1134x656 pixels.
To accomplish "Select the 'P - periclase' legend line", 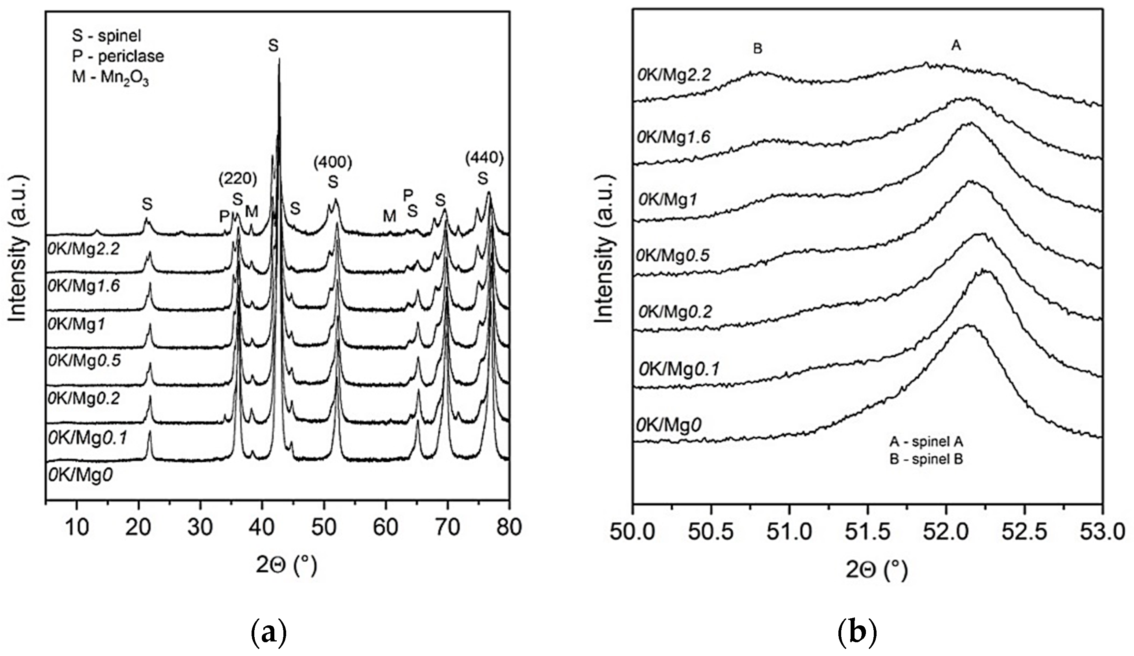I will click(x=118, y=56).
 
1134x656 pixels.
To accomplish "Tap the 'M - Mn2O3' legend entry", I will click(x=110, y=77).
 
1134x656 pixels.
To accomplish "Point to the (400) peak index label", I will click(x=333, y=162).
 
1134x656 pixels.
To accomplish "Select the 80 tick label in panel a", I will click(x=509, y=527).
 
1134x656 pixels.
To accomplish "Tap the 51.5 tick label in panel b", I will click(x=867, y=532).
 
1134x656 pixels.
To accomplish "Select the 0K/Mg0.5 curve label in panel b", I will click(x=673, y=255).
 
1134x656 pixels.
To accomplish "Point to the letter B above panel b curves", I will click(x=758, y=49).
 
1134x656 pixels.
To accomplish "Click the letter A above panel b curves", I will click(x=956, y=46).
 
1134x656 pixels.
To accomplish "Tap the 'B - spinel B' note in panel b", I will click(x=926, y=460).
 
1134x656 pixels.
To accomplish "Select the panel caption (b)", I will click(x=858, y=634).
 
